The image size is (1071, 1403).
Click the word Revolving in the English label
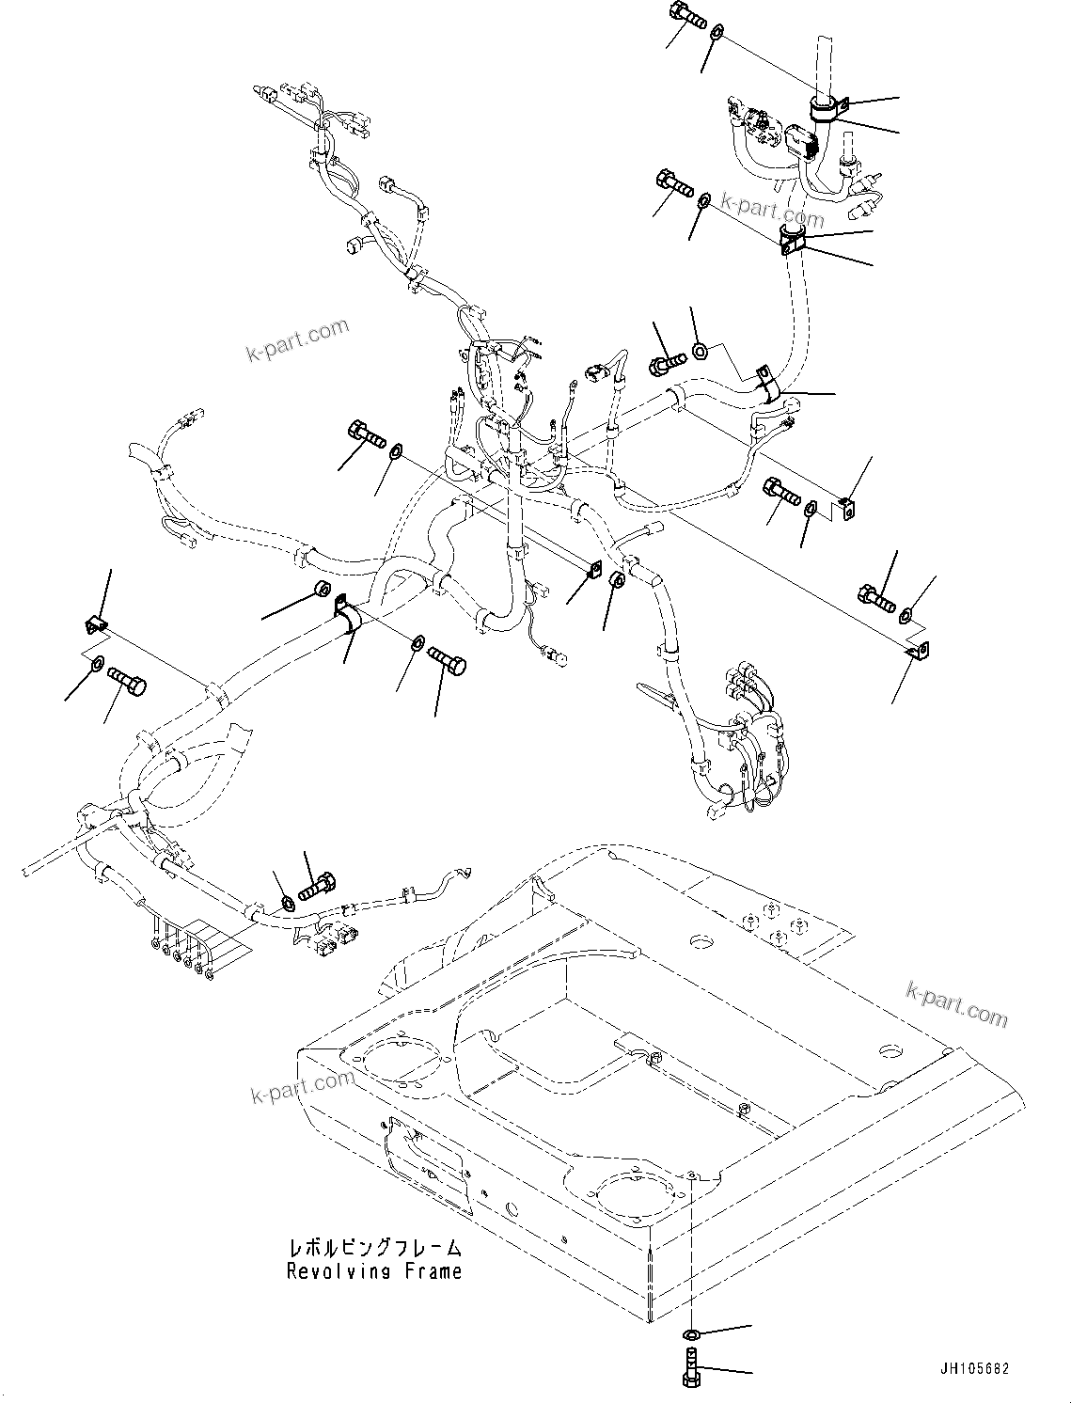pos(340,1271)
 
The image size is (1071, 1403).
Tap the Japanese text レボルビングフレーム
pos(375,1248)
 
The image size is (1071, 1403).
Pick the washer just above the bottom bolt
pos(692,1334)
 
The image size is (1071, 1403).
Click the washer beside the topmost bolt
pos(717,33)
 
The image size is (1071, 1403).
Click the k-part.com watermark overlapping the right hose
pos(772,211)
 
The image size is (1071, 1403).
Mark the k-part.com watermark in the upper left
pos(297,340)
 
